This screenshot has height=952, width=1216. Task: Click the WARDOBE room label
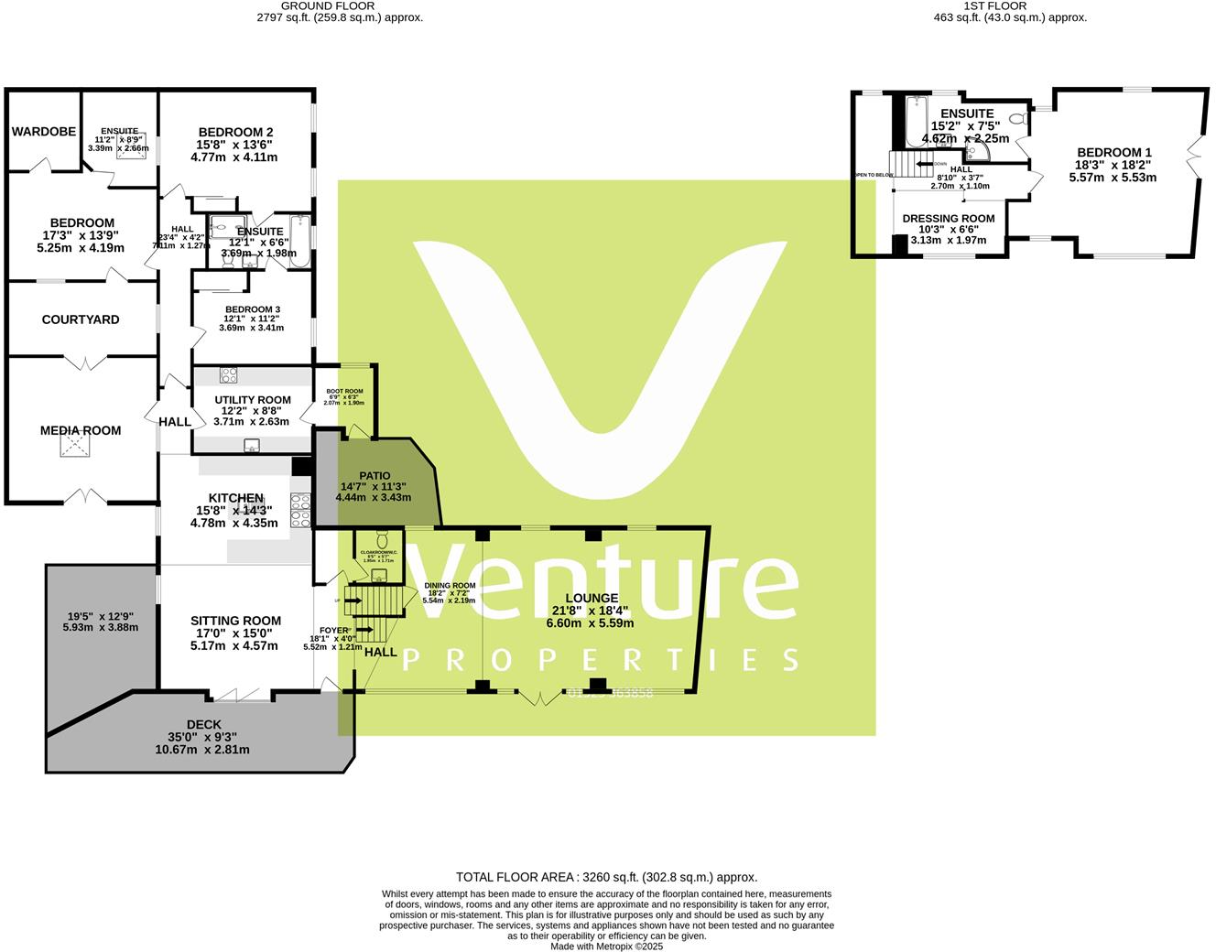44,132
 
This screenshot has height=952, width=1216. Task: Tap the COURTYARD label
81,319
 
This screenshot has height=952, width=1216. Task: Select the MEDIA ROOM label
81,430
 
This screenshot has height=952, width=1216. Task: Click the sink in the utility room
252,446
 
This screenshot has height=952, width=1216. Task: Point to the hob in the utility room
229,374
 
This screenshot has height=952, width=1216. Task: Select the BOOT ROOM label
344,391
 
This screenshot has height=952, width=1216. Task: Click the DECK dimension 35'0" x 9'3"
202,737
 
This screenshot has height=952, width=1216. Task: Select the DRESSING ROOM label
948,219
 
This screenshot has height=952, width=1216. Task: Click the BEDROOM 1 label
1113,153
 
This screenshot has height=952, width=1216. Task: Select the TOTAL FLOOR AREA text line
606,877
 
